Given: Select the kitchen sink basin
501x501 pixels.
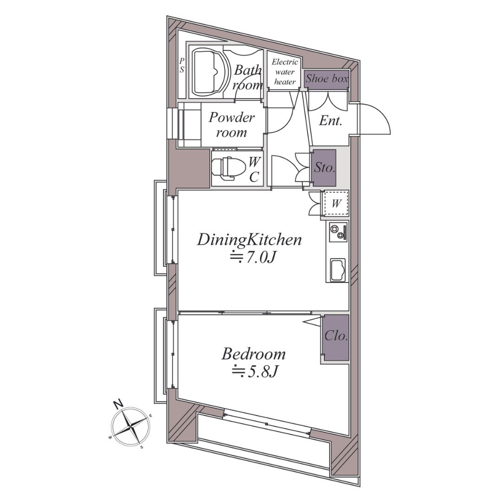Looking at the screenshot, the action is (x=338, y=270).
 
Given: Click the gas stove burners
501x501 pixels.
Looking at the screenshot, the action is (x=338, y=232).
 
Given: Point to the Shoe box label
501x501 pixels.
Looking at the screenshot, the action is (x=327, y=78).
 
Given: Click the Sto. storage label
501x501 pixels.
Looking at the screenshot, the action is (x=324, y=168).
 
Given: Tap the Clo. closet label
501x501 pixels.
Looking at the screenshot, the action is (x=336, y=336).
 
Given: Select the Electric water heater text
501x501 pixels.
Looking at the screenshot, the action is (x=285, y=72).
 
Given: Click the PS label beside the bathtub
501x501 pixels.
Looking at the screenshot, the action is (x=182, y=65).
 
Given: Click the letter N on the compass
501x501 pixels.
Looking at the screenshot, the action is (x=119, y=404).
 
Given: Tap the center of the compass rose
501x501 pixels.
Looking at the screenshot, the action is (x=131, y=426).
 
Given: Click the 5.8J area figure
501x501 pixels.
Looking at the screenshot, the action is (x=255, y=371).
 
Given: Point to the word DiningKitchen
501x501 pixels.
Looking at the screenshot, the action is (x=249, y=240).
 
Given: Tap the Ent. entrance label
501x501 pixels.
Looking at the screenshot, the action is (x=331, y=122).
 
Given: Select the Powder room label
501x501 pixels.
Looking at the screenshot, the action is (x=231, y=125).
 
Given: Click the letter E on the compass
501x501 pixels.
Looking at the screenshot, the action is (x=151, y=416).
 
